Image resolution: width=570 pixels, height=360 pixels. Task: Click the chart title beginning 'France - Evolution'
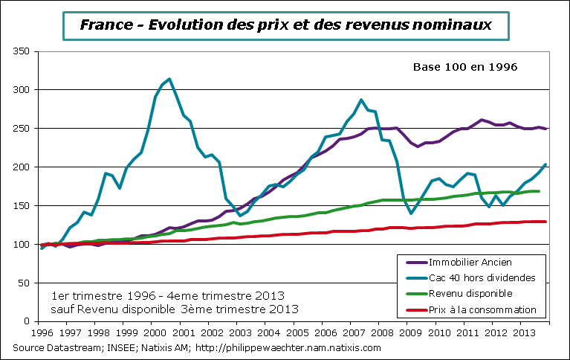coord(285,25)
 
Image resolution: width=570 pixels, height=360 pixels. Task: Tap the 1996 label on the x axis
coord(42,332)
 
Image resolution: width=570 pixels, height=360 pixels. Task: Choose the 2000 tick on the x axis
coord(153,332)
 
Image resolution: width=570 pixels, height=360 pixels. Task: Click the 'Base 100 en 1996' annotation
coord(464,67)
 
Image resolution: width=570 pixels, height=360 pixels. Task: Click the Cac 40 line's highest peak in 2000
coord(170,79)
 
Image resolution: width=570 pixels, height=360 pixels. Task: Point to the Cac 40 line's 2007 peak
coord(361,100)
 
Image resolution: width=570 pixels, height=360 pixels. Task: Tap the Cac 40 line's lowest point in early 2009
coord(411,213)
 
